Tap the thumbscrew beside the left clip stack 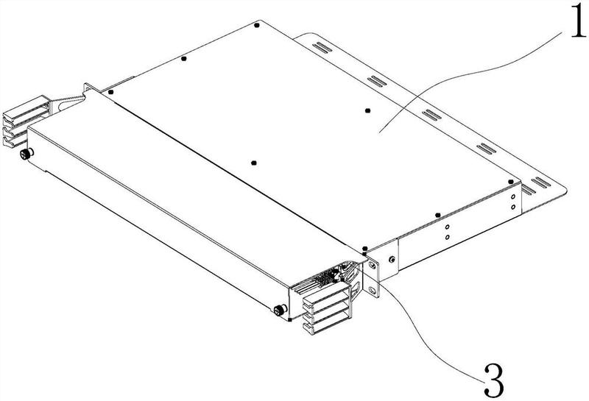pos(27,154)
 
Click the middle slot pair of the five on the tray pos(430,113)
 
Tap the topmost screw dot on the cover pos(255,26)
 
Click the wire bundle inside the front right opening pos(324,277)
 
